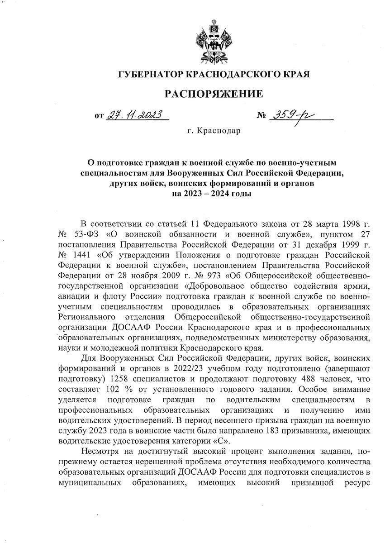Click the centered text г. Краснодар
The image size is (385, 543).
click(x=214, y=131)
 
